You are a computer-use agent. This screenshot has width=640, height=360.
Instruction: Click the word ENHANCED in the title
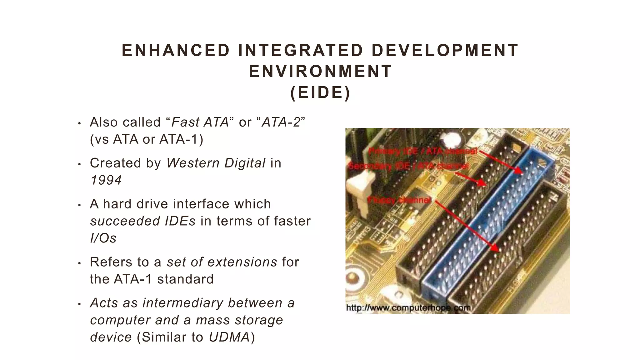(x=176, y=51)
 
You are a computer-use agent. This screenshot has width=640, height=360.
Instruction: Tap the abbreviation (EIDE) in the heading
(x=320, y=92)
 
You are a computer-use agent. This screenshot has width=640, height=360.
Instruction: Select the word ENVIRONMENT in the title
(x=320, y=72)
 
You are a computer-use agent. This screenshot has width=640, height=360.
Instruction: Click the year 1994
(x=106, y=180)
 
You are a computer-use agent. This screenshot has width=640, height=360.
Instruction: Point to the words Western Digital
(x=216, y=163)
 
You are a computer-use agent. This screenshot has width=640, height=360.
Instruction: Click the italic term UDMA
(x=229, y=337)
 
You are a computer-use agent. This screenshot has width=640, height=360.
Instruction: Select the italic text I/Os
(x=103, y=238)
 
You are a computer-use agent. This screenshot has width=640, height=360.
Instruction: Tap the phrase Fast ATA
(x=200, y=122)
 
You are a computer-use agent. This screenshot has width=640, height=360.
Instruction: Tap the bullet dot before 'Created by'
(x=79, y=164)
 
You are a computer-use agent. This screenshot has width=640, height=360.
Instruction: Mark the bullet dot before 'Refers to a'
(x=79, y=263)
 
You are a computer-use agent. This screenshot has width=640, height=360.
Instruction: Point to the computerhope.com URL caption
(x=408, y=308)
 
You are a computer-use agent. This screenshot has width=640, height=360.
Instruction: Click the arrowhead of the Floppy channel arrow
(x=496, y=248)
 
